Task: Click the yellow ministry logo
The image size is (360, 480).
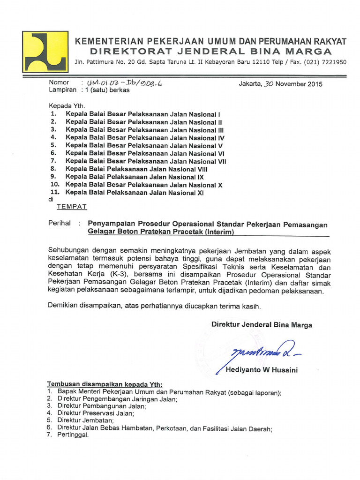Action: (45, 52)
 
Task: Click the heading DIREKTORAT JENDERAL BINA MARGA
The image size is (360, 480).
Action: (211, 51)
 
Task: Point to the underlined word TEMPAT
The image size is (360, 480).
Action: (72, 206)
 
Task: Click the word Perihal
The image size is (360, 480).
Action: (60, 224)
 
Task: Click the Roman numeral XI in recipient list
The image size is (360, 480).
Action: (200, 193)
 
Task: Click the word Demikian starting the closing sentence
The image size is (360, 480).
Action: (63, 306)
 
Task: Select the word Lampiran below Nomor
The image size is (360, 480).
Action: (62, 91)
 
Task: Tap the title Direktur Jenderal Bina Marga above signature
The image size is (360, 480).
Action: (262, 325)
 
